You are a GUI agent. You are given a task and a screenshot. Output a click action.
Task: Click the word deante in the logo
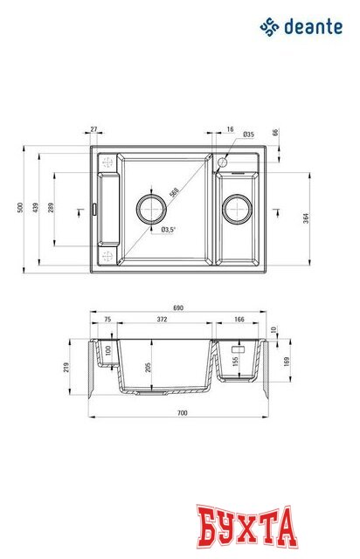click(313, 28)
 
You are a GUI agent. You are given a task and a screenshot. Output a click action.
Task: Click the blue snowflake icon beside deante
click(269, 28)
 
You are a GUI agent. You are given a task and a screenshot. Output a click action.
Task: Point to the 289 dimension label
click(53, 210)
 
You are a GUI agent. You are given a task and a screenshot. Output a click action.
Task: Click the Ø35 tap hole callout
click(248, 135)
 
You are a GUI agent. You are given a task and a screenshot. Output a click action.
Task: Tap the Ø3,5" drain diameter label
click(169, 230)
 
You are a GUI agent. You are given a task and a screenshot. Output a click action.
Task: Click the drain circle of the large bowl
click(151, 209)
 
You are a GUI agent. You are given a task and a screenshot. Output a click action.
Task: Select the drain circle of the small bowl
click(237, 209)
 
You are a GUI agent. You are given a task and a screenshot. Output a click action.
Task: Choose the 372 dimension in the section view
click(162, 321)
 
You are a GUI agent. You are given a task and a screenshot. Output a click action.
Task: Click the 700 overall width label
click(181, 411)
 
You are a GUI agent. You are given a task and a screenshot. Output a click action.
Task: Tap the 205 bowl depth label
click(150, 367)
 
